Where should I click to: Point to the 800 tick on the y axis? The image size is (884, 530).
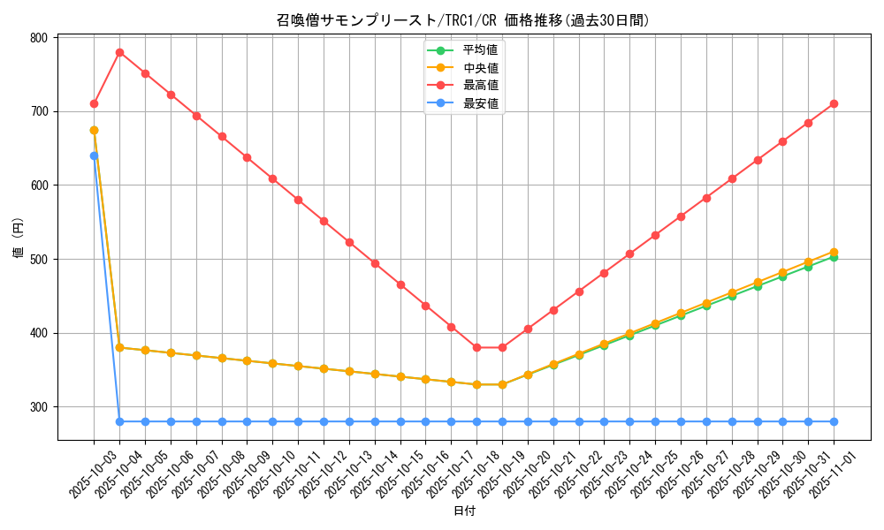38,38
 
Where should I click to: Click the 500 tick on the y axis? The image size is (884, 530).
38,259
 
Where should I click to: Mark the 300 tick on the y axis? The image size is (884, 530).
38,407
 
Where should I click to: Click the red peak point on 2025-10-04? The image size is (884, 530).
119,52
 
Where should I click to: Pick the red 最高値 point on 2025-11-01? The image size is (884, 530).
834,103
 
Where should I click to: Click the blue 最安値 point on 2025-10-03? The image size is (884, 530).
94,155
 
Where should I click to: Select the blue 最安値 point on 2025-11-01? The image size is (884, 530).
834,421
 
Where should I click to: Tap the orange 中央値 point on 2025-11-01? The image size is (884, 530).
834,252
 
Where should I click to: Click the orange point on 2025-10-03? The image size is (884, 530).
94,130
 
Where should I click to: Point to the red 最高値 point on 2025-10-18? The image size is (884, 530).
476,347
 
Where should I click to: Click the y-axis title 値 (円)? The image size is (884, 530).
19,238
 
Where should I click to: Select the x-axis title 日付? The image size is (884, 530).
464,511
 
